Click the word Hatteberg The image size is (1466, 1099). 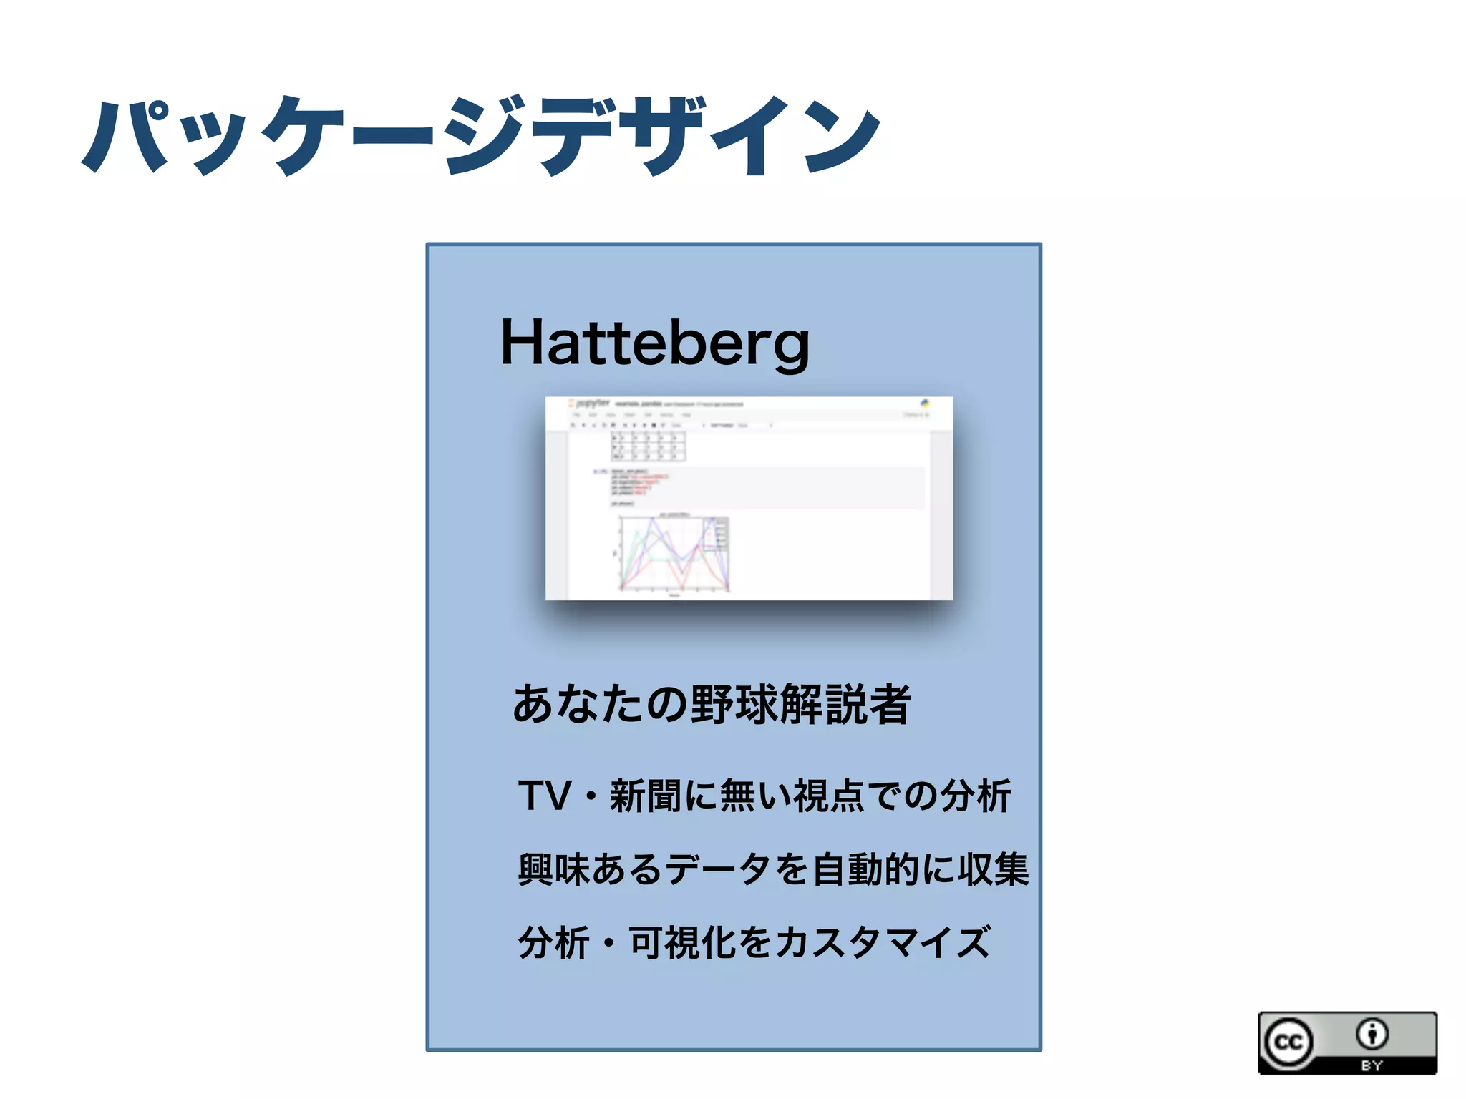(654, 343)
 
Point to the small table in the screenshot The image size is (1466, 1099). (648, 446)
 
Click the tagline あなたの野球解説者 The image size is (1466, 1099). (712, 704)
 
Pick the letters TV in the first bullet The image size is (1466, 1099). (545, 796)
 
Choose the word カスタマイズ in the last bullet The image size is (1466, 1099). (883, 942)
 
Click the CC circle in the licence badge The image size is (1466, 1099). (1288, 1042)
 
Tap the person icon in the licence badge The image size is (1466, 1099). (1372, 1033)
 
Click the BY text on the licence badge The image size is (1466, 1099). (1372, 1065)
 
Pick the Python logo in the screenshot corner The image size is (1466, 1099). (925, 404)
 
